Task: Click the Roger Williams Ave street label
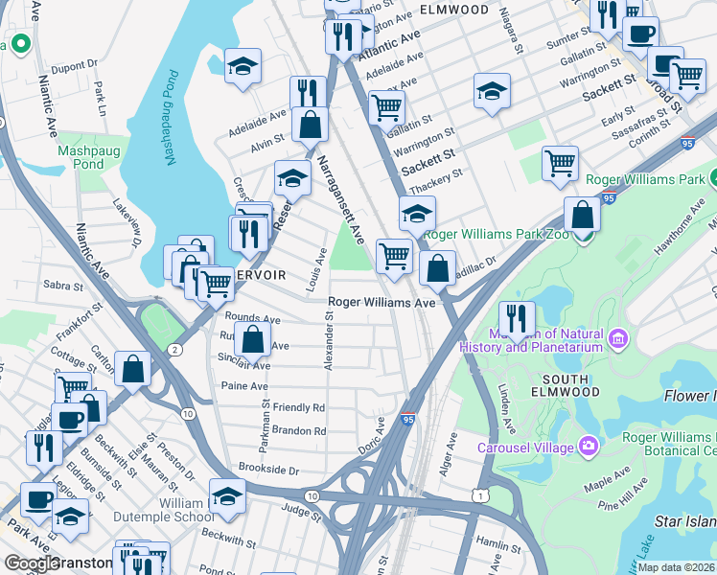click(x=382, y=302)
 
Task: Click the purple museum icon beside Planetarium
click(x=618, y=338)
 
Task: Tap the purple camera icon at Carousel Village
click(x=587, y=447)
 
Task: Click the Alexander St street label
click(x=330, y=341)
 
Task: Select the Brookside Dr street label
click(x=269, y=471)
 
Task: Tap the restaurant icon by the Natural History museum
click(x=517, y=318)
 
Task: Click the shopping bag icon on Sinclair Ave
click(x=252, y=339)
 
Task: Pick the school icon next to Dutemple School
click(x=227, y=496)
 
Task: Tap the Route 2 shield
click(x=174, y=349)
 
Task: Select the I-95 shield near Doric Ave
click(x=407, y=418)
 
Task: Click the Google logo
click(x=32, y=563)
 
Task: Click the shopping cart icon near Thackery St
click(x=560, y=162)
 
